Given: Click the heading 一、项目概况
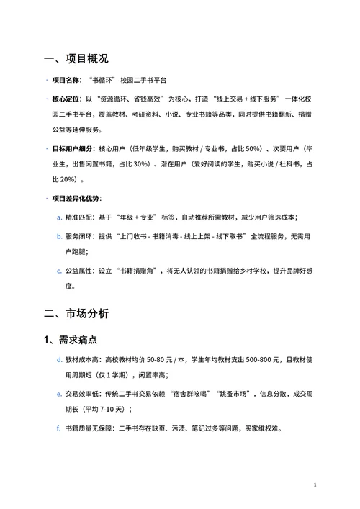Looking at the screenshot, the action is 76,58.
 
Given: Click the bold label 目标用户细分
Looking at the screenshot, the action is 72,148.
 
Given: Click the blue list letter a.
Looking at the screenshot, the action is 59,217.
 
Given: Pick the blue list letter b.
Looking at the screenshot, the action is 59,236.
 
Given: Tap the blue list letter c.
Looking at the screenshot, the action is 59,271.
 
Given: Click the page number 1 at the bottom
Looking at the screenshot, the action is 315,486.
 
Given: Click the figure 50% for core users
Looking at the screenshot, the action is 251,148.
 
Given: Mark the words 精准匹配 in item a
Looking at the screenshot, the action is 78,217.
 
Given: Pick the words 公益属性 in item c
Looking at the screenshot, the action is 78,271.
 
